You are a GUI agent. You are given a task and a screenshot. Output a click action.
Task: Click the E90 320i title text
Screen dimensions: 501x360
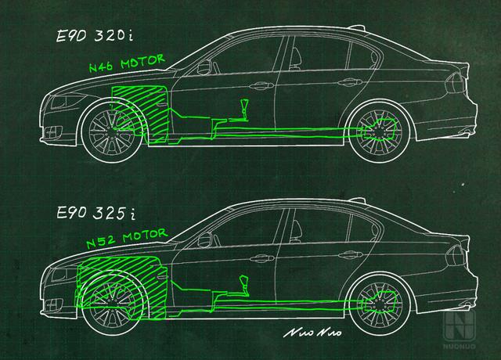(x=95, y=35)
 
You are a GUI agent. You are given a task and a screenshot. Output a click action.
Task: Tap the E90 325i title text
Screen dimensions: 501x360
(x=96, y=213)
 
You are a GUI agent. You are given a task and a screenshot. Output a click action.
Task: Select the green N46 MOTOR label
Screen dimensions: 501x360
(x=127, y=63)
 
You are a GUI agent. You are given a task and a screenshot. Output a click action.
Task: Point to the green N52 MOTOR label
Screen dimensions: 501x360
(x=127, y=238)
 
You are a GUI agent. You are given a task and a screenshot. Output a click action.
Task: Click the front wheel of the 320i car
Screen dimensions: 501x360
(x=112, y=131)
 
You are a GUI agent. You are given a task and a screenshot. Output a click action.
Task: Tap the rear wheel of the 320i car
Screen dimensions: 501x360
(x=380, y=131)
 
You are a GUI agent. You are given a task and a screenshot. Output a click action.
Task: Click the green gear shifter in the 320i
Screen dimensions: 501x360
(x=244, y=110)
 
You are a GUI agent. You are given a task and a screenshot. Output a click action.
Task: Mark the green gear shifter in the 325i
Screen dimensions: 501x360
(x=244, y=285)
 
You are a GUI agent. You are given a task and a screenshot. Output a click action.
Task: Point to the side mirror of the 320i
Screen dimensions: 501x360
(x=204, y=67)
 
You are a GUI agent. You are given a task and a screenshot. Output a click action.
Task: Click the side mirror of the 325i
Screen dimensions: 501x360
(x=205, y=239)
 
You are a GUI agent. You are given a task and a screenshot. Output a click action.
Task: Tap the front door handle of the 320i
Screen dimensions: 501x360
(x=261, y=85)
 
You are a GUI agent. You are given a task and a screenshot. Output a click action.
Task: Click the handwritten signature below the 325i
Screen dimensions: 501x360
(x=312, y=333)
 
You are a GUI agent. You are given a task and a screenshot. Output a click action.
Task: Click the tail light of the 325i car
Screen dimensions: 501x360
(x=455, y=256)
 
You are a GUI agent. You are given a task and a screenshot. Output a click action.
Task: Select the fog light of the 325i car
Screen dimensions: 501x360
(x=53, y=304)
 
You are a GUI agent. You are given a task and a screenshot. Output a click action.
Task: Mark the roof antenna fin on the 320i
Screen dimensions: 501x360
(x=356, y=27)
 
